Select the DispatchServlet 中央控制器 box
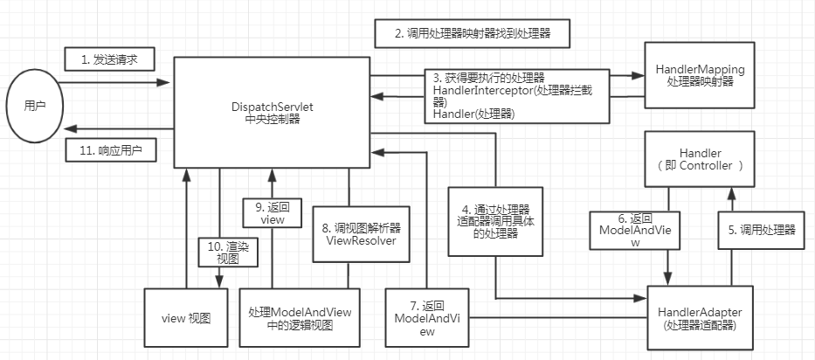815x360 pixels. coord(270,111)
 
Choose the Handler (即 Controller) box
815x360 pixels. coord(704,158)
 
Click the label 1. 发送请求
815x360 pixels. coord(110,60)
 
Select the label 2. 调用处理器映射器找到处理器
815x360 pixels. coord(473,34)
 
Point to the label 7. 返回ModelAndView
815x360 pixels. coord(427,318)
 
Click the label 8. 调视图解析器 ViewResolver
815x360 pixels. coord(360,234)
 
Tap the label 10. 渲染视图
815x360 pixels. coord(222,253)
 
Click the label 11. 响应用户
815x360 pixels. coord(111,149)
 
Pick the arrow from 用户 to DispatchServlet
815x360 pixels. coord(114,82)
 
